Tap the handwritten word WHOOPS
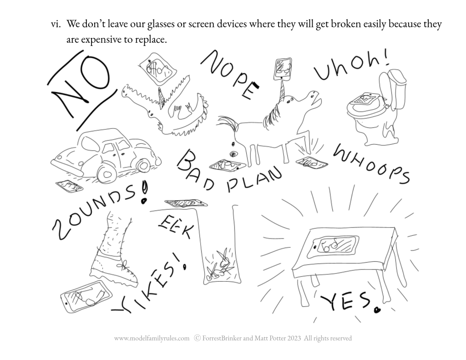371,163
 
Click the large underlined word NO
80,89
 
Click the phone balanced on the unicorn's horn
282,69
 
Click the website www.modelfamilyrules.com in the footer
152,338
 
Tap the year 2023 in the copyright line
294,338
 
